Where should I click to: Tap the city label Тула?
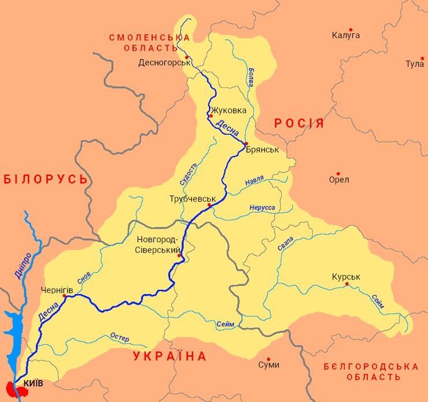[415, 64]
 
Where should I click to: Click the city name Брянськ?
[262, 149]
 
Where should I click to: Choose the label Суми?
[269, 364]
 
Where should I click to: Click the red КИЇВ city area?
[16, 390]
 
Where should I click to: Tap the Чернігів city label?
[57, 289]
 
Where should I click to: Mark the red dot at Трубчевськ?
[209, 205]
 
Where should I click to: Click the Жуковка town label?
[228, 110]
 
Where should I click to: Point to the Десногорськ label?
[164, 62]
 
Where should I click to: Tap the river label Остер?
[119, 338]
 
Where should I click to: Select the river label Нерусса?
[262, 207]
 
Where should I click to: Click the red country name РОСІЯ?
[299, 123]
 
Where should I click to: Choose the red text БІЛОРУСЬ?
[46, 179]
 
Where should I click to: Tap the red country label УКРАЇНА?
[169, 356]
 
